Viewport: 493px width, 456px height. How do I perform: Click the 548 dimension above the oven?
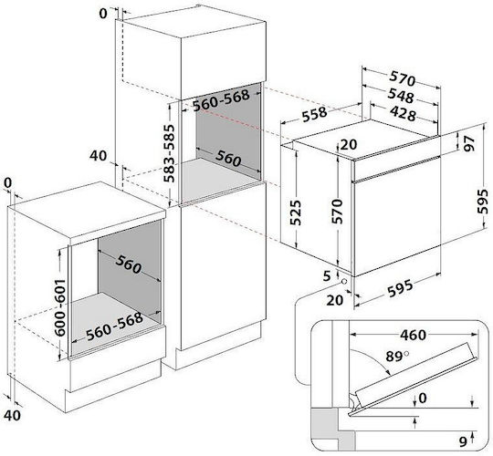click(x=400, y=96)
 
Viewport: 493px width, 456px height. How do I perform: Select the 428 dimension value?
click(x=403, y=113)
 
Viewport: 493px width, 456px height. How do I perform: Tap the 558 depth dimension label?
click(x=315, y=114)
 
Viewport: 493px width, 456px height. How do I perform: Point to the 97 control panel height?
click(x=468, y=143)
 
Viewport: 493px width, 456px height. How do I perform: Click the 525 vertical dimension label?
click(x=295, y=212)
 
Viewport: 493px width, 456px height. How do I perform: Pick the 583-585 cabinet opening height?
click(x=170, y=153)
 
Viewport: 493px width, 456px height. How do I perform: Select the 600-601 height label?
click(x=60, y=307)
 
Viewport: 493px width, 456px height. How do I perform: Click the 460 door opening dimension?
click(x=414, y=335)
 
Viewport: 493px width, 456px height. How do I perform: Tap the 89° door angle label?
click(x=397, y=356)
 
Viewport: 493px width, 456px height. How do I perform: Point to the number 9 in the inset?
click(x=463, y=442)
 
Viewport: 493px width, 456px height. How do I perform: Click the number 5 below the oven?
click(x=327, y=276)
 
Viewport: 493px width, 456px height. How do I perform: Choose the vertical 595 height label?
click(x=483, y=202)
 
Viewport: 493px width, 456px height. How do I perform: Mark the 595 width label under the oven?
click(x=400, y=288)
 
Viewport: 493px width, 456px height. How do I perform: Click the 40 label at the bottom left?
click(x=13, y=415)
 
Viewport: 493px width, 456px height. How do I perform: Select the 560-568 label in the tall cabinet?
click(x=221, y=100)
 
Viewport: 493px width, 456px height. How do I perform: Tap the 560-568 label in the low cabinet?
click(x=115, y=326)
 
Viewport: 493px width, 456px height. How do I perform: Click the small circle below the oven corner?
click(x=344, y=281)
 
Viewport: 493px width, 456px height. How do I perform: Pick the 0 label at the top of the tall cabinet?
click(x=103, y=14)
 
